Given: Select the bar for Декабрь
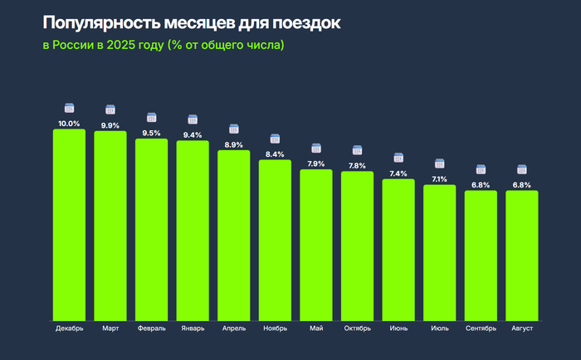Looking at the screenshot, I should (69, 224).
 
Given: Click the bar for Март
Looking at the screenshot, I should (110, 225).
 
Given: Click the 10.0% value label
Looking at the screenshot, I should (69, 124).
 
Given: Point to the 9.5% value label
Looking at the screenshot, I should (151, 133).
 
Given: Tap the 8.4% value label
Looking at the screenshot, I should (275, 154).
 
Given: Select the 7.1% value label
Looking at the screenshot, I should (440, 179).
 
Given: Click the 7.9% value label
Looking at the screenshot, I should (316, 163).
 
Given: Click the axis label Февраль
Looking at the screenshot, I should (151, 328).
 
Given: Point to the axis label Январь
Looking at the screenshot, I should (193, 328).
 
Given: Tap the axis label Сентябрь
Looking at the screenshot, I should (481, 328).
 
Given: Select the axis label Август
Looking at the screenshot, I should (522, 328).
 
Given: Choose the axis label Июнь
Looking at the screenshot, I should (398, 328).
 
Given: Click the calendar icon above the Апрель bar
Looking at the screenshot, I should (234, 129).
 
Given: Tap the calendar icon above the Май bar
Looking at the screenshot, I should (316, 148).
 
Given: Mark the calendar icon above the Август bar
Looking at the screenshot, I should (522, 169).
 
